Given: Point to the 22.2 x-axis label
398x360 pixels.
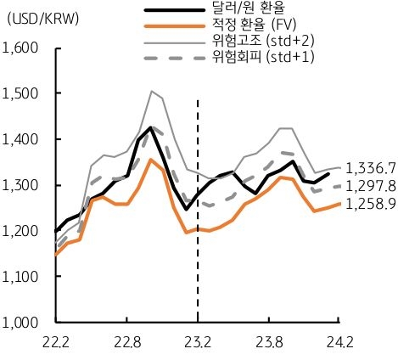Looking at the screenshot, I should [x=55, y=343].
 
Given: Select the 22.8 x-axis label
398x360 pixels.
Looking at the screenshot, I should [x=126, y=343].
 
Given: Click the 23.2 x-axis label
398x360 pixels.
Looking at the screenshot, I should [x=198, y=343].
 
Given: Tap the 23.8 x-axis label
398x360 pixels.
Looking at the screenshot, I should [x=268, y=343].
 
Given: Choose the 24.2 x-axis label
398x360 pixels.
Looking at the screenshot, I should [x=339, y=343].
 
